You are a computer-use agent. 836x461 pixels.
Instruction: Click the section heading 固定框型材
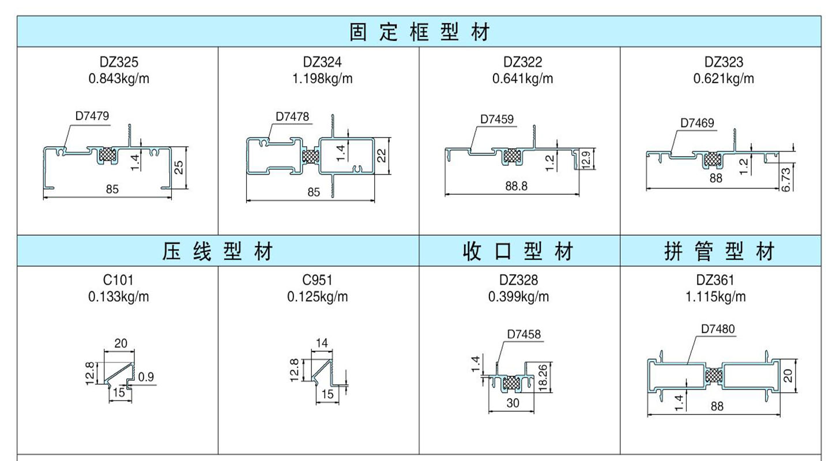pos(419,32)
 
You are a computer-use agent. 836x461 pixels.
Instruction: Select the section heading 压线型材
pos(217,252)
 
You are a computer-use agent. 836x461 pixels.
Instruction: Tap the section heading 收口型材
pos(519,252)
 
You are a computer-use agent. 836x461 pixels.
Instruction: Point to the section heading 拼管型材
pos(720,252)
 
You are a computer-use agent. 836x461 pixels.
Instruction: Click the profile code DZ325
pos(119,62)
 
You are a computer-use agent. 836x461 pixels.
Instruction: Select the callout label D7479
pos(92,116)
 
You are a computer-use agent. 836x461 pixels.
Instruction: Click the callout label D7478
pos(292,116)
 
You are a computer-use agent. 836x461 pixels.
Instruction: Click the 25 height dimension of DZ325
pos(179,167)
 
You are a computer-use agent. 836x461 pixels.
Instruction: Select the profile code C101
pos(119,281)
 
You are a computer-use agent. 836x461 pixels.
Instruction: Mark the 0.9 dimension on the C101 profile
pos(146,377)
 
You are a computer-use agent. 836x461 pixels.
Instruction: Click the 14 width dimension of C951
pos(322,343)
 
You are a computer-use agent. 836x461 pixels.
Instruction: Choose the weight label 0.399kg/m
pos(519,297)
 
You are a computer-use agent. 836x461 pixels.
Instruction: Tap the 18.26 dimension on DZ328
pos(543,378)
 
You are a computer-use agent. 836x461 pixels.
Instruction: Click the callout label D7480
pos(718,329)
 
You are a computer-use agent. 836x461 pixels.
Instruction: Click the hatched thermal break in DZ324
pos(311,156)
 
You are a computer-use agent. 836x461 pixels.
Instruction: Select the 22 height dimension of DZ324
pos(382,155)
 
